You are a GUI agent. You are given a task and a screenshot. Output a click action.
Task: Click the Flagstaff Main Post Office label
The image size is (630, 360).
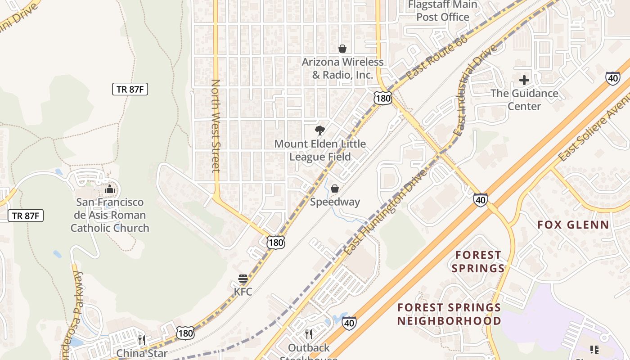pos(442,11)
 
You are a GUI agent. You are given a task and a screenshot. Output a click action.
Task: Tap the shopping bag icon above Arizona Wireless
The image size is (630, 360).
pos(342,49)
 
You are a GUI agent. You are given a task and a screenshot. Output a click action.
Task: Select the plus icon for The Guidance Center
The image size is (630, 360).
pos(524,81)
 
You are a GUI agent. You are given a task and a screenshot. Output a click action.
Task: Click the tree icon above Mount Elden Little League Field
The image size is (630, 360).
pos(320,130)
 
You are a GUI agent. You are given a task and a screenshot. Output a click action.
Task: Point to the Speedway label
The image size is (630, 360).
pos(335,202)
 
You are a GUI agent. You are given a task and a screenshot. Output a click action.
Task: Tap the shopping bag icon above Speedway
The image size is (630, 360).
pos(335,189)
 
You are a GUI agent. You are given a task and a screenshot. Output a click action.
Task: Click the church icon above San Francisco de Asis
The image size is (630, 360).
pos(109,189)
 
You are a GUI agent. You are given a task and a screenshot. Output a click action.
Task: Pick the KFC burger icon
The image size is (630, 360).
pos(243,279)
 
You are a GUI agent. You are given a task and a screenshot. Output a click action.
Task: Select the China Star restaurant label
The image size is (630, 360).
pos(142,353)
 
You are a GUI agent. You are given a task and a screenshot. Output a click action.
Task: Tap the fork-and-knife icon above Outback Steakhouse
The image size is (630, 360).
pos(309,334)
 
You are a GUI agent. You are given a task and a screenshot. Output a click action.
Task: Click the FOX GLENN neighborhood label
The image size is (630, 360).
pos(573,225)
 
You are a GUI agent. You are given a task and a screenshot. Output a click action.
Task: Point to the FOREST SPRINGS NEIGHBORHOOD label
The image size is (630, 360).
pos(449,314)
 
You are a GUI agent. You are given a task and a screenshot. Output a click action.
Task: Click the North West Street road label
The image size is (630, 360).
pos(216,126)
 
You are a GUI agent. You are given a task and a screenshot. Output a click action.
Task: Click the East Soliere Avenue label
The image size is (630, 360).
pos(594,128)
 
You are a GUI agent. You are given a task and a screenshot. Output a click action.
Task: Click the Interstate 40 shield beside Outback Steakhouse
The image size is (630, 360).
pos(349,322)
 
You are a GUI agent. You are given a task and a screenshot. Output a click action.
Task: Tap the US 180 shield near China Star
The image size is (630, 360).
pos(185,333)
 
